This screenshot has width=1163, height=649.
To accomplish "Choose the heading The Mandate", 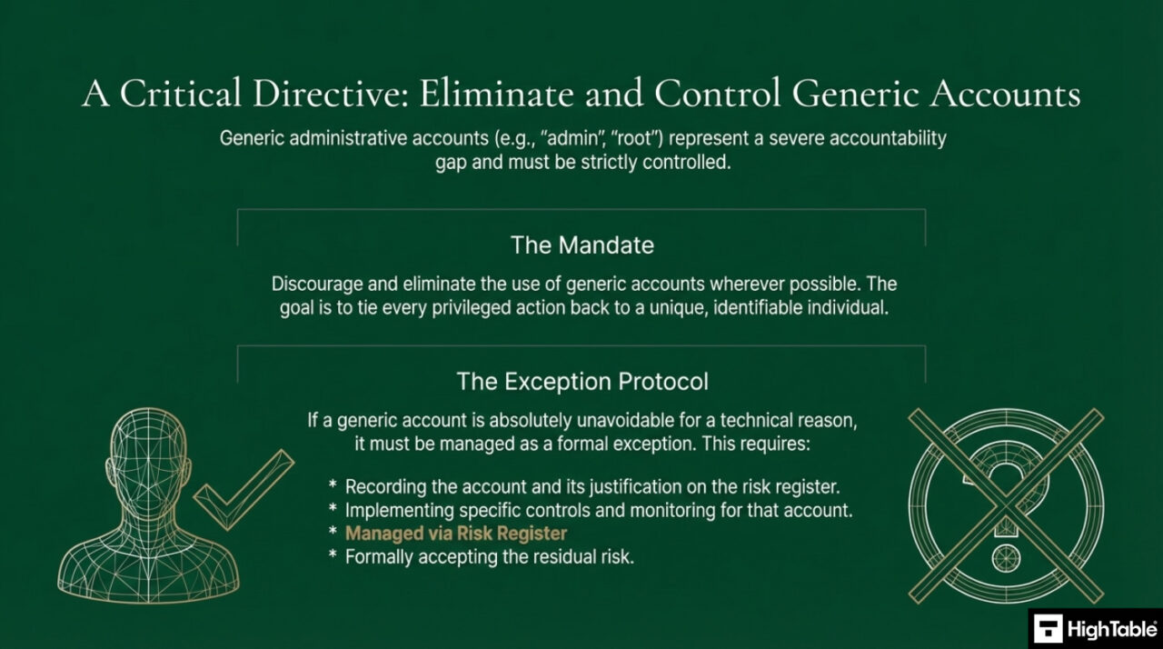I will pos(581,245).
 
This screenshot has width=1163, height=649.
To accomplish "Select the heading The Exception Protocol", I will pos(581,381).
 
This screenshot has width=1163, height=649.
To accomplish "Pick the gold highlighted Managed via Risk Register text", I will pos(455,534).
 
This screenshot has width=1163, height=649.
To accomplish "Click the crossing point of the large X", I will pos(1006,504).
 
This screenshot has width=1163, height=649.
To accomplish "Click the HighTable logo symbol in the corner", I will pos(1048,629).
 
